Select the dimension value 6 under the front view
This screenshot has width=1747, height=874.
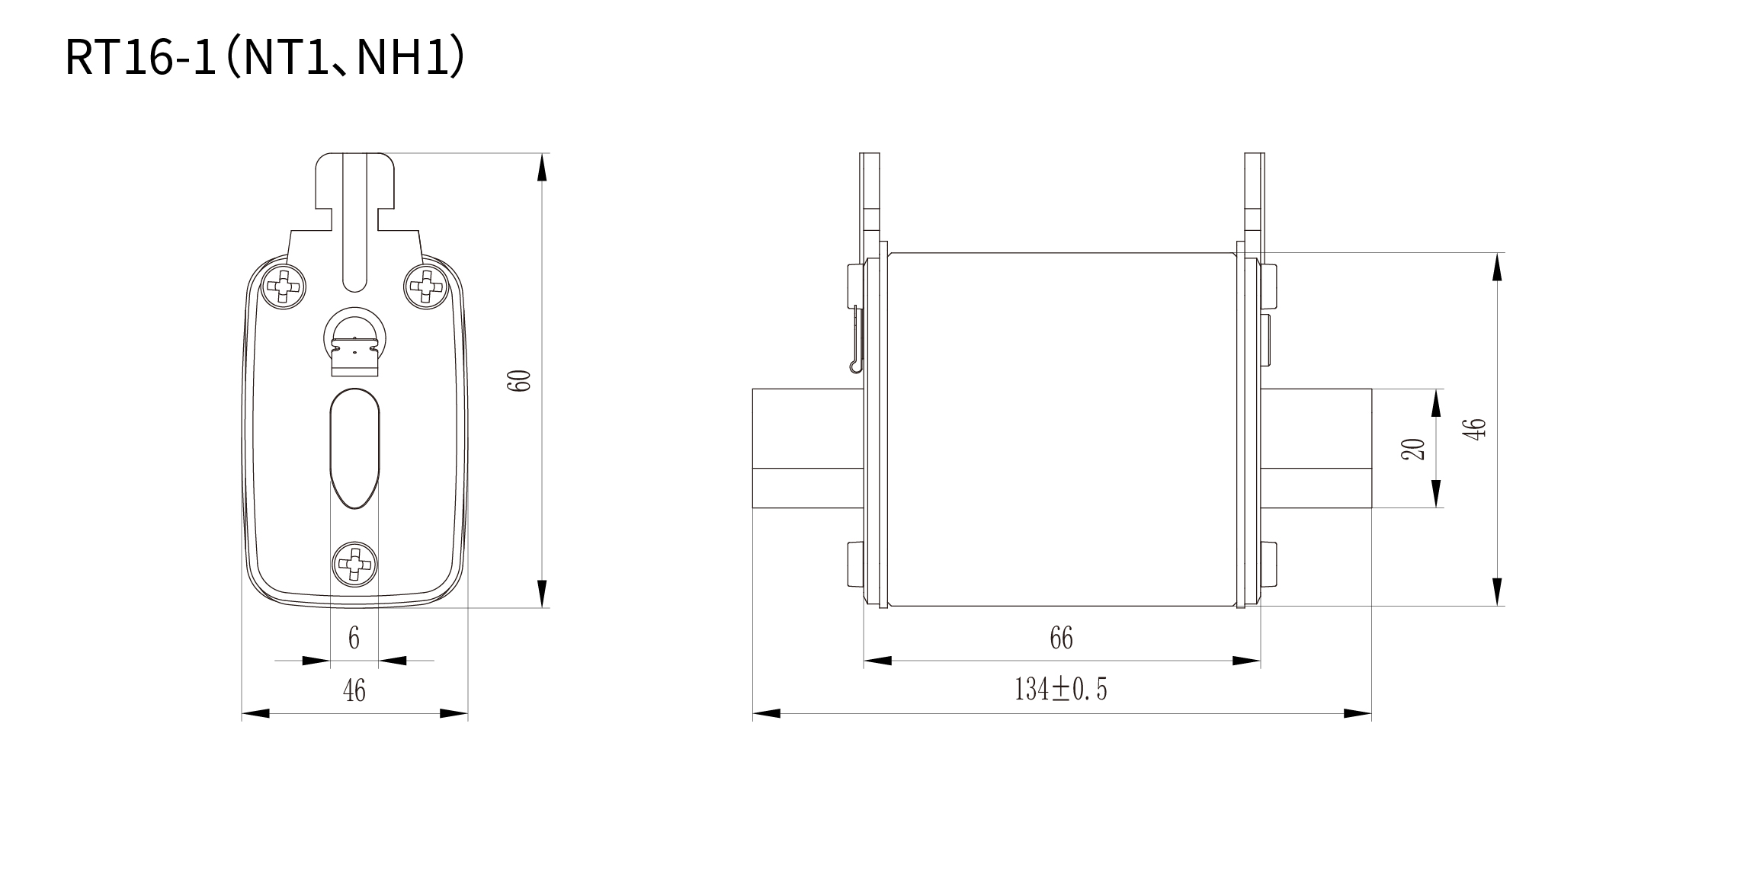coord(354,638)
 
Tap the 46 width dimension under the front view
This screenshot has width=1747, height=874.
coord(354,690)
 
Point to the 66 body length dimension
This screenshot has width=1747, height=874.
coord(1061,638)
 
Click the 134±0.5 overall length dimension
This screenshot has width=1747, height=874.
coord(1060,689)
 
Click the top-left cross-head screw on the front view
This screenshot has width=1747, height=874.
coord(284,287)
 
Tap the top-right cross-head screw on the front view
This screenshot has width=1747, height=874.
coord(425,287)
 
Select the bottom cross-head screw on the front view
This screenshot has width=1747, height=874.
coord(354,564)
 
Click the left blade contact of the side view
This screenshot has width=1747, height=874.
coord(807,448)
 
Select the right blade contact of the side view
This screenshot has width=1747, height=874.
coord(1316,448)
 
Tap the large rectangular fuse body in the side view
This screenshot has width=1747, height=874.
coord(1061,429)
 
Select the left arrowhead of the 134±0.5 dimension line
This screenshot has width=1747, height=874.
coord(767,714)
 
